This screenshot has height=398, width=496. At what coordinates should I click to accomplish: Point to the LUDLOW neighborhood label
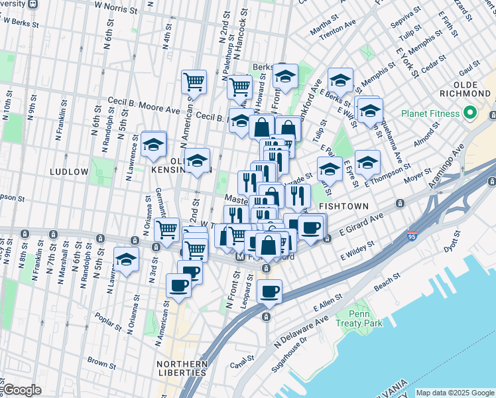(69, 172)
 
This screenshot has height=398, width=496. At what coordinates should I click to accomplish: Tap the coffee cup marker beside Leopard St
(269, 291)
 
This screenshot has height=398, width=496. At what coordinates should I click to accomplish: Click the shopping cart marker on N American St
(194, 82)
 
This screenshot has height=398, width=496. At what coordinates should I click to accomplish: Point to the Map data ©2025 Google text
(455, 393)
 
